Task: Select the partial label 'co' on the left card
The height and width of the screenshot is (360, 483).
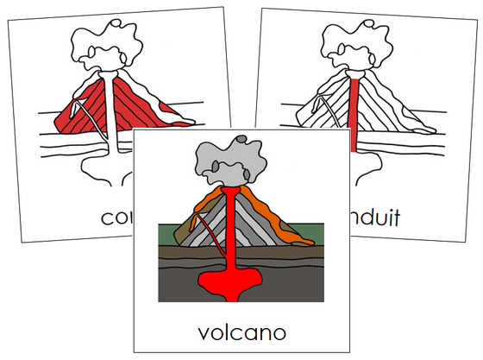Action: tap(116, 219)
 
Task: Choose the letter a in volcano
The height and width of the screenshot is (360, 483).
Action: tap(250, 334)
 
